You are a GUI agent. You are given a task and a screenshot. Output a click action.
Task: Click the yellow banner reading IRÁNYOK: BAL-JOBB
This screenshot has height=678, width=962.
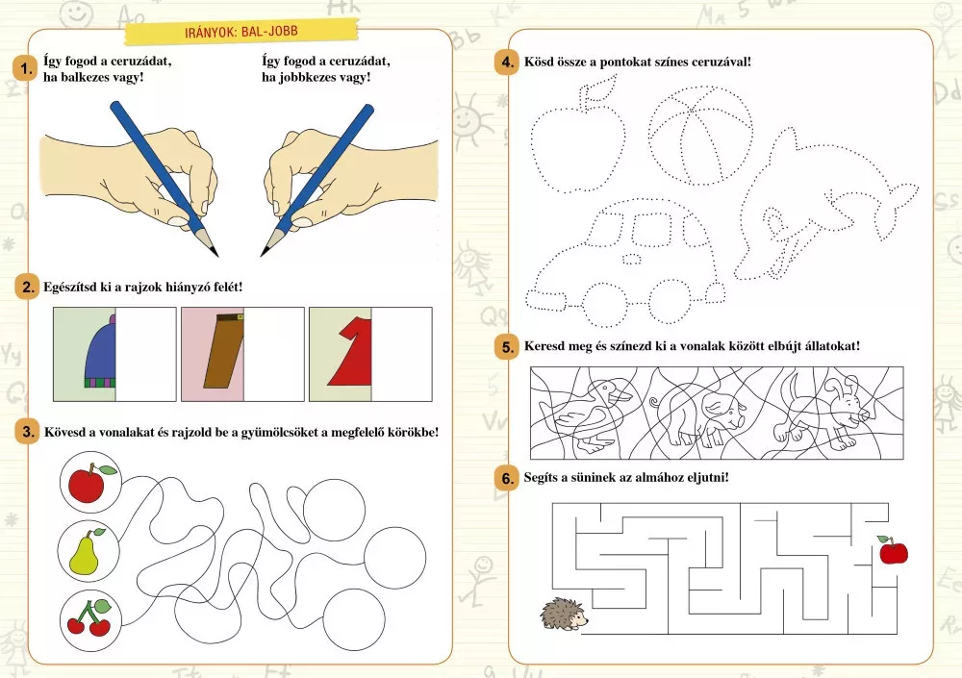pos(241,32)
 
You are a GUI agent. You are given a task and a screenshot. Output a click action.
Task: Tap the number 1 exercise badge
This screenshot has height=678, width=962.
pos(25,68)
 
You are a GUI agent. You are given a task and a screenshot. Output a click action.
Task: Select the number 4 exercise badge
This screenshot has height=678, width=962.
pos(507,62)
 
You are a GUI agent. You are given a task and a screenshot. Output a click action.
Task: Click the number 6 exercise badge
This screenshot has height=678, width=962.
pos(507,478)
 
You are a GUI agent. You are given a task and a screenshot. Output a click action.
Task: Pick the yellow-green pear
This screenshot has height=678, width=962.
pos(86,552)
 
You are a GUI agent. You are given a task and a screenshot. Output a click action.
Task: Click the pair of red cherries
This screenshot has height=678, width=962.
pos(90,617)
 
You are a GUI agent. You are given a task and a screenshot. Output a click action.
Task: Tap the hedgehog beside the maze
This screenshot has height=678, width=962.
pos(564,615)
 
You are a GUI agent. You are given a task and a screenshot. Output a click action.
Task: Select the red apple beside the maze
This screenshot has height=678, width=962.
pos(893,550)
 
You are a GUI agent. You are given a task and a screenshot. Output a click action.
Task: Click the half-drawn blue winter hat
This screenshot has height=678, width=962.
pos(100,352)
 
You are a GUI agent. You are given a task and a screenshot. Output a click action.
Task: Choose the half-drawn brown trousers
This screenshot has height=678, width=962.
pos(223,351)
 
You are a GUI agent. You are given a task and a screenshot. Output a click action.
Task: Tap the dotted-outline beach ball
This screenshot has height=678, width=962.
pos(700,136)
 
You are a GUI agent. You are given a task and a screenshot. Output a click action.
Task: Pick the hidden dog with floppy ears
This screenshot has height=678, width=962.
pos(823,408)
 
